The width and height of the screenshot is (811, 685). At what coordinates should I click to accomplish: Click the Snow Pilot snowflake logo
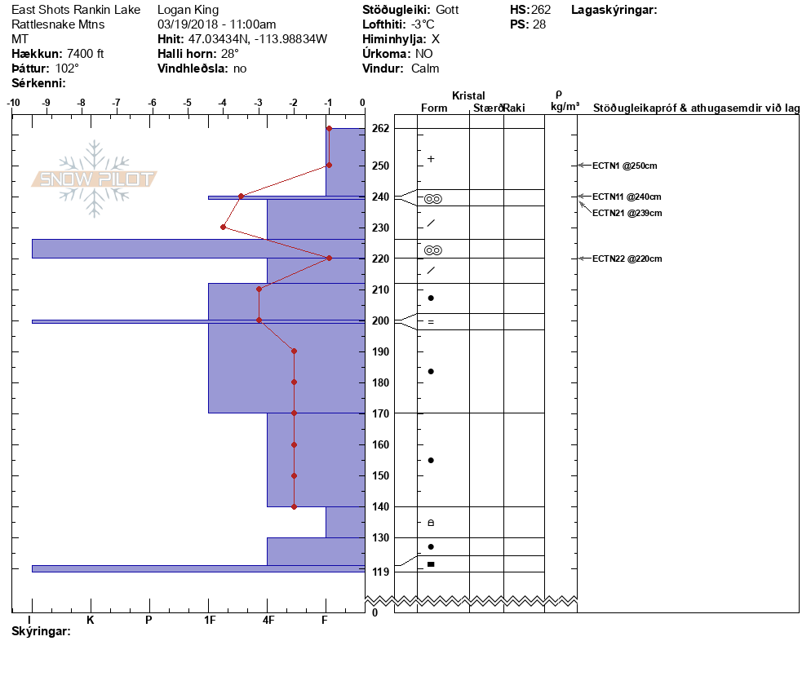(94, 179)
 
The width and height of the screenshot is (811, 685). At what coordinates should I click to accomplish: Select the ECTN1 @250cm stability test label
(624, 166)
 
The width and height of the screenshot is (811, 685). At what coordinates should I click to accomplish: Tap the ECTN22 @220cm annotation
(627, 259)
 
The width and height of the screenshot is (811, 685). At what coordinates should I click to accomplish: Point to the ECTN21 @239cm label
(627, 213)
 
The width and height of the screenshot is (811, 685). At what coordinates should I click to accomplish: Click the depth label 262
(380, 128)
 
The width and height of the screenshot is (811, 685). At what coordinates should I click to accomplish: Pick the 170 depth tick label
(380, 413)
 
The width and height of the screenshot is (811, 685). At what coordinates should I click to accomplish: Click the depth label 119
(380, 572)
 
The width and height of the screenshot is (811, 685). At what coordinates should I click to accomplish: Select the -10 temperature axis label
(13, 103)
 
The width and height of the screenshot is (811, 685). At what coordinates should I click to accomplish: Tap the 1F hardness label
(210, 620)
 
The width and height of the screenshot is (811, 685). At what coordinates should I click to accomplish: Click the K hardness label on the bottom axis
(91, 620)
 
